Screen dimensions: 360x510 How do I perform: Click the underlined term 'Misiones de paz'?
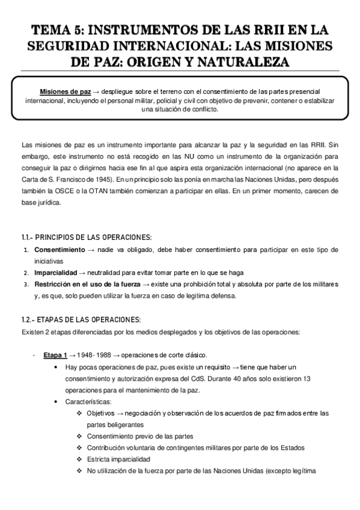pos(66,91)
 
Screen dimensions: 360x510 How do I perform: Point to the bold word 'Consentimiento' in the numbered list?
pos(59,249)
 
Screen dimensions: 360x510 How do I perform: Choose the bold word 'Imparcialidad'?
pos(58,272)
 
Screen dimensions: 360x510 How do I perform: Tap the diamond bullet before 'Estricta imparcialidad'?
pos(80,459)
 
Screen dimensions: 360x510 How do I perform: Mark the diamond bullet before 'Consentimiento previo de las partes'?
pos(80,436)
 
